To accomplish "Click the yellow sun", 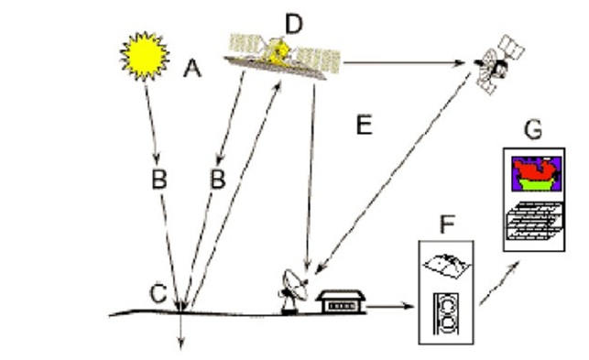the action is coord(145,57).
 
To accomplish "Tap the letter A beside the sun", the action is coord(192,69).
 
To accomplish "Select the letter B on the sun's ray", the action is coord(159,179).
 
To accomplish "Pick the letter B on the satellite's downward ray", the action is coord(218,179).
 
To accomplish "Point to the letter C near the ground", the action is coord(158,293).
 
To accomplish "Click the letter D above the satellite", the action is coord(294,24).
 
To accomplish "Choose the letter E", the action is coord(364,125).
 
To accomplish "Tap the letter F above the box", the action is coord(447,224).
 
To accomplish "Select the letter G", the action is coord(533,130).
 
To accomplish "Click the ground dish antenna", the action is coord(294,291).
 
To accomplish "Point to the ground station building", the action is coord(341,301).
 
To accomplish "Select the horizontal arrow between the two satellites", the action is coord(404,63).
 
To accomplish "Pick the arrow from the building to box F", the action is coord(389,306).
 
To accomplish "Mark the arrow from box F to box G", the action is coord(499,284).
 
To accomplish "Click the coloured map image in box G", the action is coord(537,174).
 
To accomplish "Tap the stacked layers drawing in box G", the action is coord(535,221).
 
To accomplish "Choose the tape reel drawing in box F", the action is coord(446,314).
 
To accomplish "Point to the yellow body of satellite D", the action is coord(278,52).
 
